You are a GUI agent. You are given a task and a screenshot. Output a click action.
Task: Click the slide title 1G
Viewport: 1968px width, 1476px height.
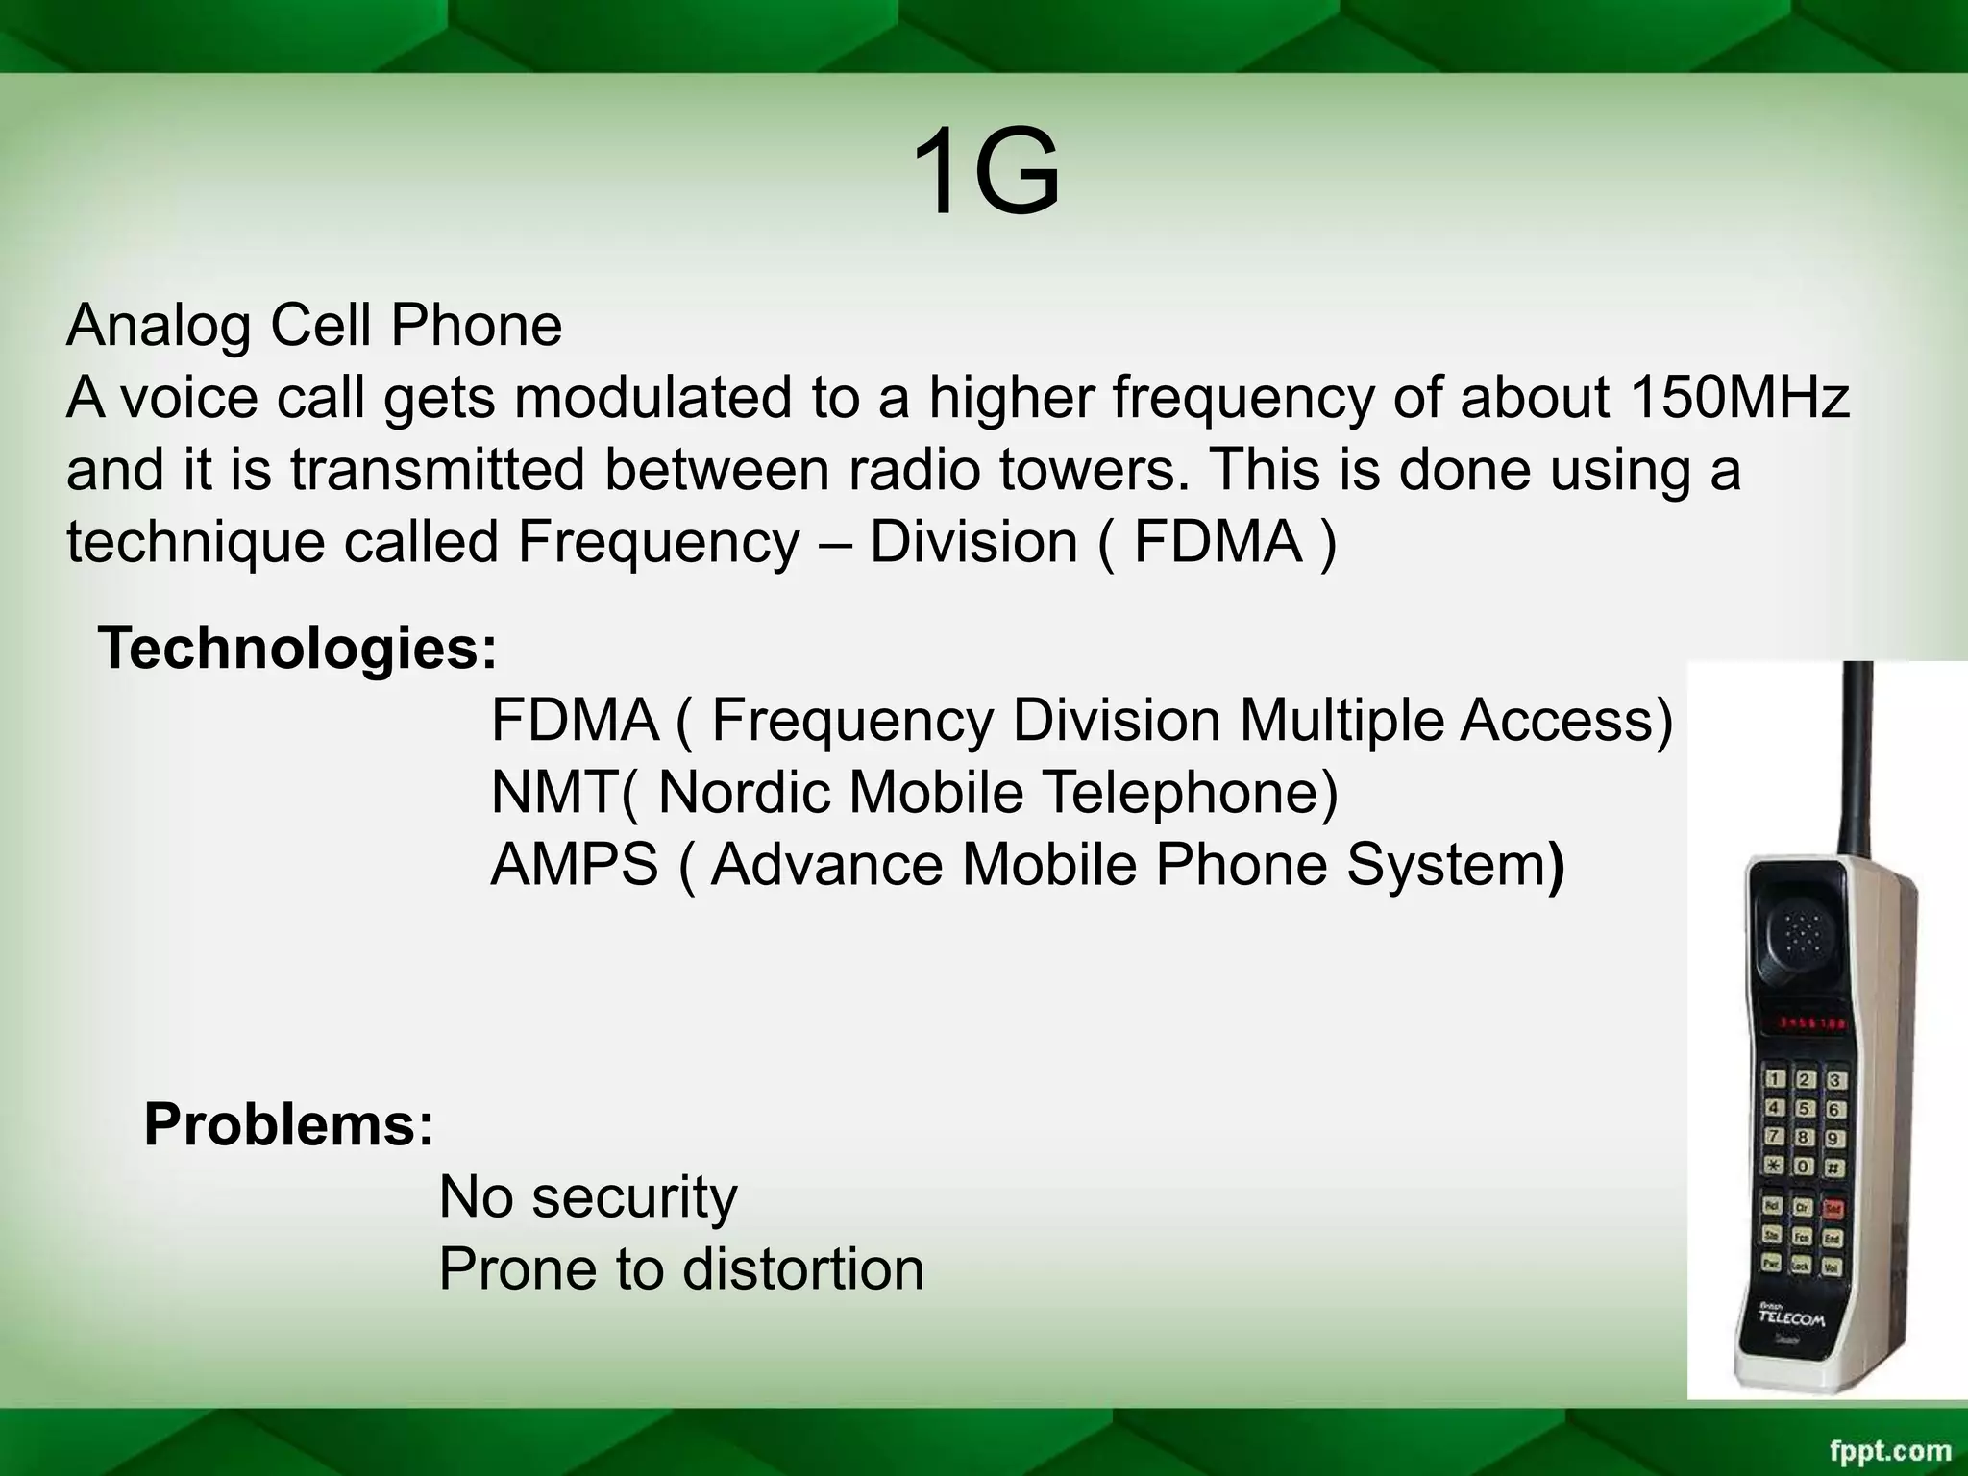pyautogui.click(x=984, y=173)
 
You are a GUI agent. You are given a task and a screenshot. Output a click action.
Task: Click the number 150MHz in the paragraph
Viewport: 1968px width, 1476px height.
pyautogui.click(x=1738, y=397)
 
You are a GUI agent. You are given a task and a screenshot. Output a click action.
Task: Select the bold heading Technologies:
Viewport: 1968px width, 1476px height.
pyautogui.click(x=298, y=648)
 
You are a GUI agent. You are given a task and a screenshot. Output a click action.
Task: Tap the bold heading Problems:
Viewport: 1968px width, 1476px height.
pyautogui.click(x=288, y=1123)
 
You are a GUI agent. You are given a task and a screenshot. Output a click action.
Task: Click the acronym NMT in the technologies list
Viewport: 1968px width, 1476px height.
pyautogui.click(x=554, y=792)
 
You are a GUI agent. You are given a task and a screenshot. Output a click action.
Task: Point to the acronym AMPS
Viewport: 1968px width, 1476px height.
pyautogui.click(x=574, y=864)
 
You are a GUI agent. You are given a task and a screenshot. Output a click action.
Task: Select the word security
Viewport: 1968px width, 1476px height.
pyautogui.click(x=634, y=1196)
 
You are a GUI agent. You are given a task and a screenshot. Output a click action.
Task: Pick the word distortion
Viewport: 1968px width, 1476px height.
pyautogui.click(x=802, y=1268)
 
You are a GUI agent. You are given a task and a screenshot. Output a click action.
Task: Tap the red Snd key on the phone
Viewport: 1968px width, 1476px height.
pyautogui.click(x=1833, y=1207)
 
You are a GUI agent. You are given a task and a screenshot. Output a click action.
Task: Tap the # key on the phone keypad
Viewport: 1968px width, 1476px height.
pyautogui.click(x=1833, y=1168)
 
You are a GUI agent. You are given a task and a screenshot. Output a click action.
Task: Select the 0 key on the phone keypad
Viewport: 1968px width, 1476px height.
pyautogui.click(x=1805, y=1167)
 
